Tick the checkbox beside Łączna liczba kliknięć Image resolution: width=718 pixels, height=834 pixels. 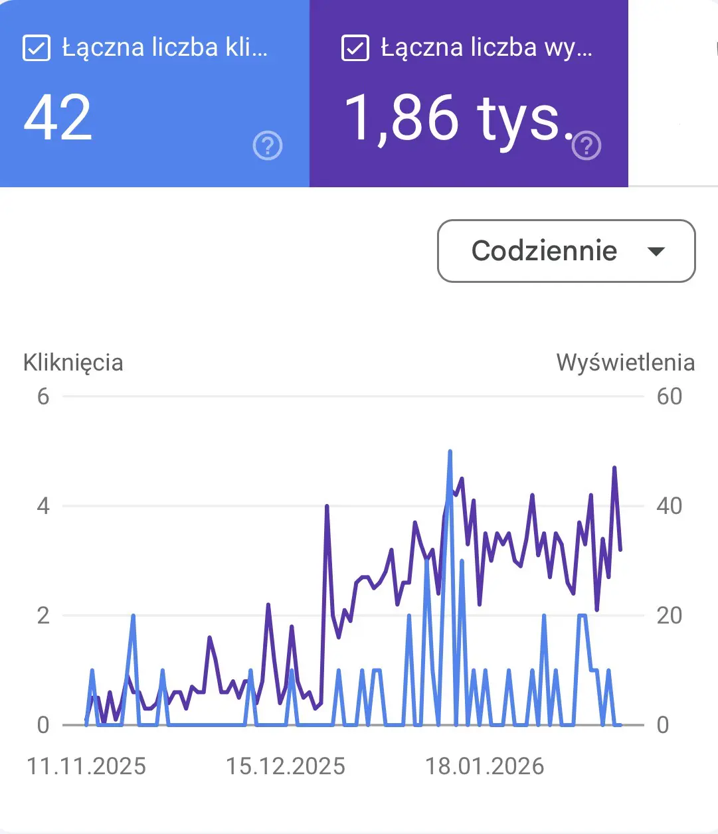click(x=37, y=48)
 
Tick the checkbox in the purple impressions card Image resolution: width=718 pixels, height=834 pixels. click(x=355, y=48)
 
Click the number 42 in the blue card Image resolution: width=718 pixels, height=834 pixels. click(x=58, y=118)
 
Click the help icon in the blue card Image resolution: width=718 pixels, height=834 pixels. click(x=268, y=145)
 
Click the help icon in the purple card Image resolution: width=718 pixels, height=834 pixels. click(x=586, y=145)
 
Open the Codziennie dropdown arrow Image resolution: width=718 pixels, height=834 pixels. click(x=656, y=252)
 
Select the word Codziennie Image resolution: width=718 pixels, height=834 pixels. click(x=544, y=251)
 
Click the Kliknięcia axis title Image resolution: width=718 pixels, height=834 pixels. click(x=73, y=363)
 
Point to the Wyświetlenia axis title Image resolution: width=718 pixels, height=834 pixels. click(x=626, y=363)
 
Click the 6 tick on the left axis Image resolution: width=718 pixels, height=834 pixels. click(x=43, y=396)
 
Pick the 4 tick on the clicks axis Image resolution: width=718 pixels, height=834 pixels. click(x=43, y=506)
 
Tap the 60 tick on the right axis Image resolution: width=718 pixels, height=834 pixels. click(x=669, y=396)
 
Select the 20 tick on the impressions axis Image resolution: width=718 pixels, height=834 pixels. click(x=669, y=616)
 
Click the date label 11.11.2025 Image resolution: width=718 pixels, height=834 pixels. click(x=86, y=766)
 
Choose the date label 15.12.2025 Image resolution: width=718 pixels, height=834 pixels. click(x=286, y=766)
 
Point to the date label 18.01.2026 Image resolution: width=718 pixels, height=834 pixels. click(x=485, y=766)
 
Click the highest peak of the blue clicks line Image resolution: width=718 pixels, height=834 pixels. click(x=450, y=452)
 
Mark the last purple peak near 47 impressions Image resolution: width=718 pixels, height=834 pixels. click(x=614, y=468)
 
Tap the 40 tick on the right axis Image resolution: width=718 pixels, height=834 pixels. click(x=669, y=506)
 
